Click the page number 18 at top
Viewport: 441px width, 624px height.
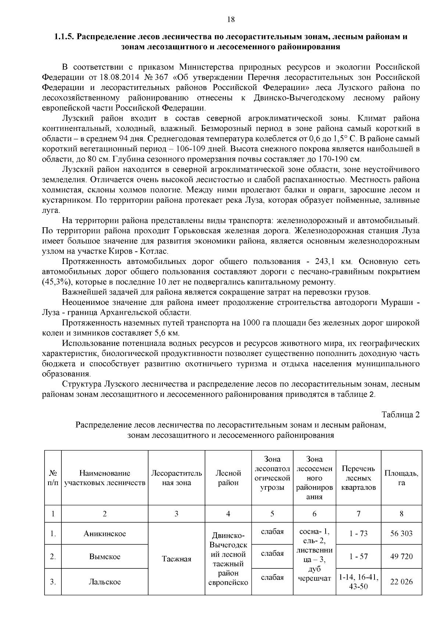pyautogui.click(x=231, y=20)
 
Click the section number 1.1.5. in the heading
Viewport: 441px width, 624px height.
pyautogui.click(x=65, y=37)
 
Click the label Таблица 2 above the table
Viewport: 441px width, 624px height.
pyautogui.click(x=401, y=415)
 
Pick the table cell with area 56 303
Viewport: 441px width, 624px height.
pyautogui.click(x=401, y=534)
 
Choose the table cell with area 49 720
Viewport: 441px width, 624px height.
pyautogui.click(x=401, y=557)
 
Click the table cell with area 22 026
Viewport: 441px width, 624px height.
pyautogui.click(x=401, y=582)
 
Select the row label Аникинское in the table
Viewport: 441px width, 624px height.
pyautogui.click(x=104, y=534)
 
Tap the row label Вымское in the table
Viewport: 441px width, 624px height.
pyautogui.click(x=104, y=557)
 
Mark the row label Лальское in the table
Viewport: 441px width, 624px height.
pyautogui.click(x=104, y=582)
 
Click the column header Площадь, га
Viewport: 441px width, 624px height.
pyautogui.click(x=401, y=478)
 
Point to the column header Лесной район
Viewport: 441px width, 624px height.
pyautogui.click(x=228, y=478)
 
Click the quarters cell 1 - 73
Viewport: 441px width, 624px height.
pyautogui.click(x=358, y=534)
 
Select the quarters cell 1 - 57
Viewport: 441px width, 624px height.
pyautogui.click(x=358, y=557)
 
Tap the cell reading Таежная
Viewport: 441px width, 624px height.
pyautogui.click(x=176, y=559)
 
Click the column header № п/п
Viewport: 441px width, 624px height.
pyautogui.click(x=53, y=478)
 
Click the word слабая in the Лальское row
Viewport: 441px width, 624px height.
pyautogui.click(x=272, y=577)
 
